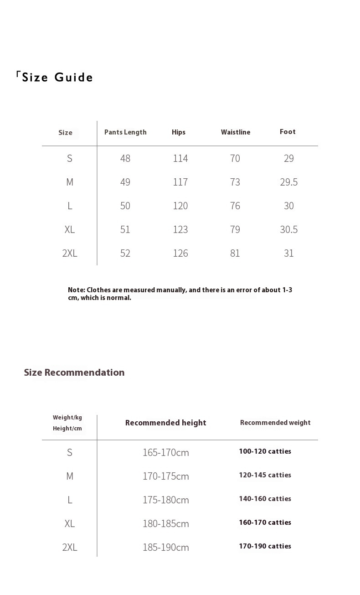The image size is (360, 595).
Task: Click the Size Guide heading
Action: pos(57,78)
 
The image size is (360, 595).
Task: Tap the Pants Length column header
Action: pos(125,132)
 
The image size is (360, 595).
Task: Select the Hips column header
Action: pos(179,132)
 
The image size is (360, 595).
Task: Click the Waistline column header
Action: pos(236,132)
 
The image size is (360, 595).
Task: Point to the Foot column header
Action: pos(288,132)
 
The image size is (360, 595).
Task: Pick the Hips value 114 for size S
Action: pos(180,158)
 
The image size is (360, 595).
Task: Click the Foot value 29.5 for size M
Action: pos(288,182)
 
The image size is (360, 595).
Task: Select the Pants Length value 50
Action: pos(125,206)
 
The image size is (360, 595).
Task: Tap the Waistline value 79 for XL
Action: pos(235,229)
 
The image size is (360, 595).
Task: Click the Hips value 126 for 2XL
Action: pos(180,253)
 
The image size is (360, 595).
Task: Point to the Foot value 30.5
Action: pos(288,229)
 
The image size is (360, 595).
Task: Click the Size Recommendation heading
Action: pos(74,373)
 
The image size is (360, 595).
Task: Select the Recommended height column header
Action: pos(166,423)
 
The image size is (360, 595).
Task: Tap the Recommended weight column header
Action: pos(275,423)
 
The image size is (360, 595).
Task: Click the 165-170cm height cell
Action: pos(166,452)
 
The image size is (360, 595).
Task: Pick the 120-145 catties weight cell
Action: pos(265,475)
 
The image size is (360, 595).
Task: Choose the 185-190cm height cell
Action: pos(166,547)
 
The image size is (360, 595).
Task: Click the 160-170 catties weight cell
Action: pos(265,523)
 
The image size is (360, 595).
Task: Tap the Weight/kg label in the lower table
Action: pos(67,417)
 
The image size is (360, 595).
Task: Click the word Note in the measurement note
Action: pos(76,290)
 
